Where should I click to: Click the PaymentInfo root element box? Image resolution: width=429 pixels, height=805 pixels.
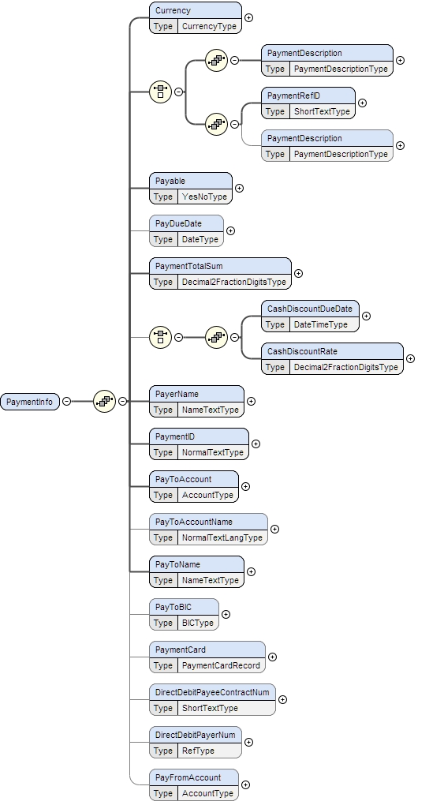(29, 402)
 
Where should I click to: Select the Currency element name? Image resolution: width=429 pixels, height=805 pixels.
(173, 11)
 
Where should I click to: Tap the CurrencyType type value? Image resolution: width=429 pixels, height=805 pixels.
(209, 26)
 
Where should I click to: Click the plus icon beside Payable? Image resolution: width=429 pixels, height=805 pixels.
(240, 189)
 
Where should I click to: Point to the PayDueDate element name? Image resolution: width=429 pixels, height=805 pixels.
(178, 223)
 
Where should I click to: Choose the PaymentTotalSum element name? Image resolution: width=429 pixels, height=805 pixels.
(189, 266)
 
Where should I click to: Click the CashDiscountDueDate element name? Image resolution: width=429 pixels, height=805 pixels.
(309, 309)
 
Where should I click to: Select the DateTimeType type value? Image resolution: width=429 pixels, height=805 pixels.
(320, 324)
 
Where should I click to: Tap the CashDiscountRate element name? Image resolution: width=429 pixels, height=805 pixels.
(304, 351)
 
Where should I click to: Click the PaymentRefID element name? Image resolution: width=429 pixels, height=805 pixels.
(293, 95)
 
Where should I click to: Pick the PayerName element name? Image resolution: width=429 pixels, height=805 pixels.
(177, 394)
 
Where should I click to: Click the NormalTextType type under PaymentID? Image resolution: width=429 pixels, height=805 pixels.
(213, 452)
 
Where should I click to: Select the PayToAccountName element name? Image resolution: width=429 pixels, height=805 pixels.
(194, 522)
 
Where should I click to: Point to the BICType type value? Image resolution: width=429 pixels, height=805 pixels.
(198, 623)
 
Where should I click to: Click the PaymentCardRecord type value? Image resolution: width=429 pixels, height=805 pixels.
(221, 665)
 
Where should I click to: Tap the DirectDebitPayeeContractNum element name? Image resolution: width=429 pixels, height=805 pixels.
(212, 692)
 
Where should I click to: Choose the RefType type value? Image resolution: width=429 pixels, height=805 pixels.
(198, 751)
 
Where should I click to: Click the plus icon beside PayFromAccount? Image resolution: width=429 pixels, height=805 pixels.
(246, 784)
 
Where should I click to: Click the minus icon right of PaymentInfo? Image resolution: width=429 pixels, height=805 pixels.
(66, 402)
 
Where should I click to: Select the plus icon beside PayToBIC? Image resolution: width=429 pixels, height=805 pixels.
(226, 614)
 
